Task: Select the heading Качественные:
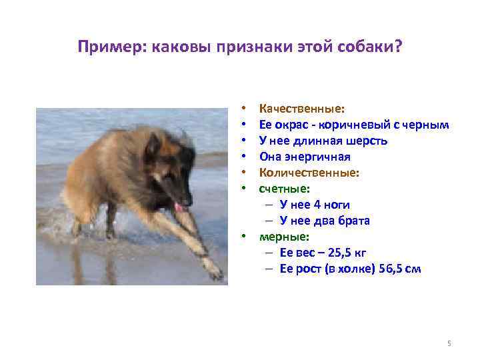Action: (302, 108)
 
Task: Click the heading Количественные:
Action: (309, 173)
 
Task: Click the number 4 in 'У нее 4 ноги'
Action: (317, 205)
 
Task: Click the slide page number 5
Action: (449, 343)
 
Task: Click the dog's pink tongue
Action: (179, 207)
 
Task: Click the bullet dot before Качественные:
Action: (245, 109)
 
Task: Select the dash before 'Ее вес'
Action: (268, 253)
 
